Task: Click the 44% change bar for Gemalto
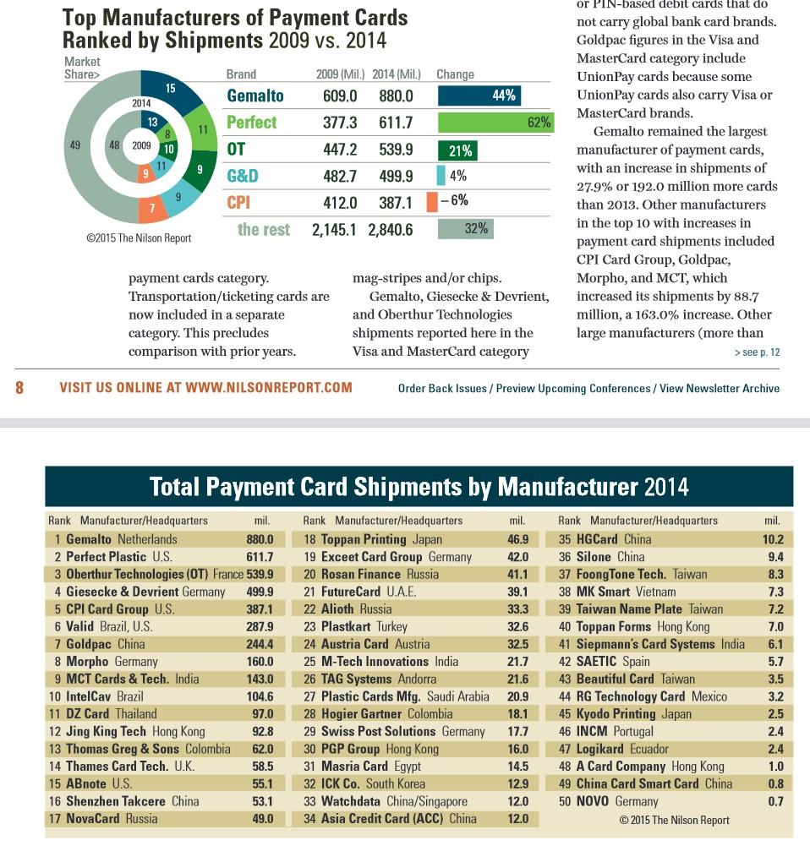479,96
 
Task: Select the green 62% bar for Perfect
496,123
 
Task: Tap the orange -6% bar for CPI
432,202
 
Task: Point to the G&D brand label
243,176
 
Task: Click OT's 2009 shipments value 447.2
340,150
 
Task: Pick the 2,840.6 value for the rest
390,230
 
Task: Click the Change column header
455,74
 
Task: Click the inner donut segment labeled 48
114,145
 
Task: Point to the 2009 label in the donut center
141,145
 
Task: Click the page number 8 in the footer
19,387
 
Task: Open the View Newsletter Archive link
720,389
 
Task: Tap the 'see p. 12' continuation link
757,352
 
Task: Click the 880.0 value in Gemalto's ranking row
260,539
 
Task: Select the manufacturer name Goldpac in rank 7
89,644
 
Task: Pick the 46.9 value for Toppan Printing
518,539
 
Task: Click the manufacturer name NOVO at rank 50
593,802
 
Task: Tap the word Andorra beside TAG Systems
417,680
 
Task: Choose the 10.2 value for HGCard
774,539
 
